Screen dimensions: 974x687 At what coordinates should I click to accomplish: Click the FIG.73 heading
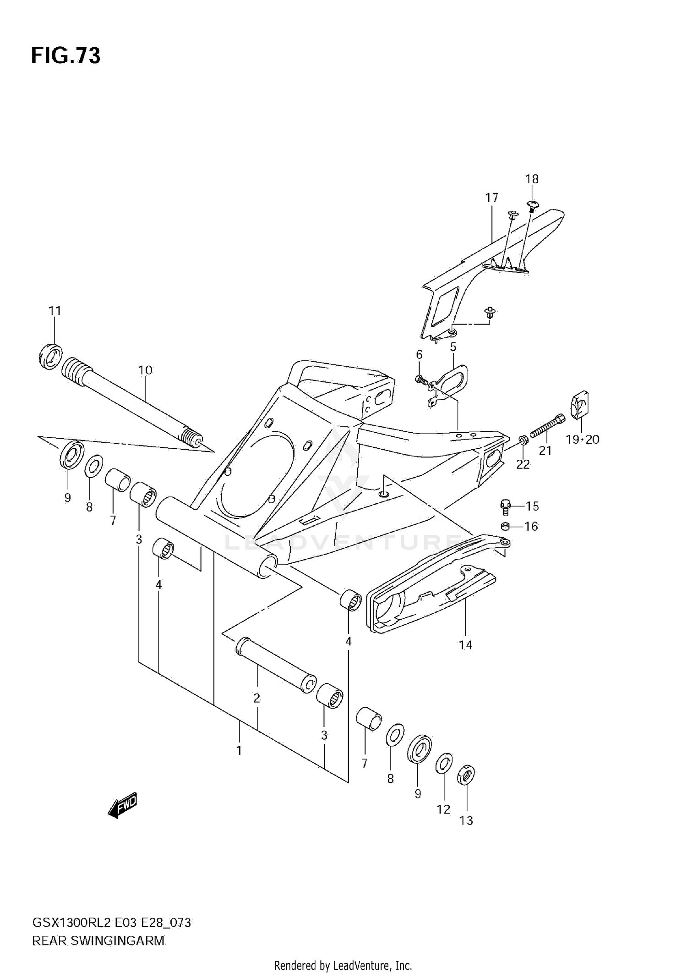pyautogui.click(x=65, y=56)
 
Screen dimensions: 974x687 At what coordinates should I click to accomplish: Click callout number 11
pyautogui.click(x=55, y=311)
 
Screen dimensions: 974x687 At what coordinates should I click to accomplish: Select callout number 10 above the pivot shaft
pyautogui.click(x=145, y=370)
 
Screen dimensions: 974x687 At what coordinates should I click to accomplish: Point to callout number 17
pyautogui.click(x=491, y=198)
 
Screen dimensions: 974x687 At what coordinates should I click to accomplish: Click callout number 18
pyautogui.click(x=532, y=179)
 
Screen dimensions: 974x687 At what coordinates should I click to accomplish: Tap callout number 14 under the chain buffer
pyautogui.click(x=465, y=645)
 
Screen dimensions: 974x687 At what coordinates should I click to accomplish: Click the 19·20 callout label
pyautogui.click(x=582, y=440)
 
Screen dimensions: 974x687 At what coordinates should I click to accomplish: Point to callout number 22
pyautogui.click(x=523, y=464)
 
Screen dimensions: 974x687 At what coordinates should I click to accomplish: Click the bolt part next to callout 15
pyautogui.click(x=505, y=507)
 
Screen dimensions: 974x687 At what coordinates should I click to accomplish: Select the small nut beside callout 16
pyautogui.click(x=505, y=526)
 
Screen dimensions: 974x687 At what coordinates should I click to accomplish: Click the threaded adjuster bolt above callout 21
pyautogui.click(x=547, y=425)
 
